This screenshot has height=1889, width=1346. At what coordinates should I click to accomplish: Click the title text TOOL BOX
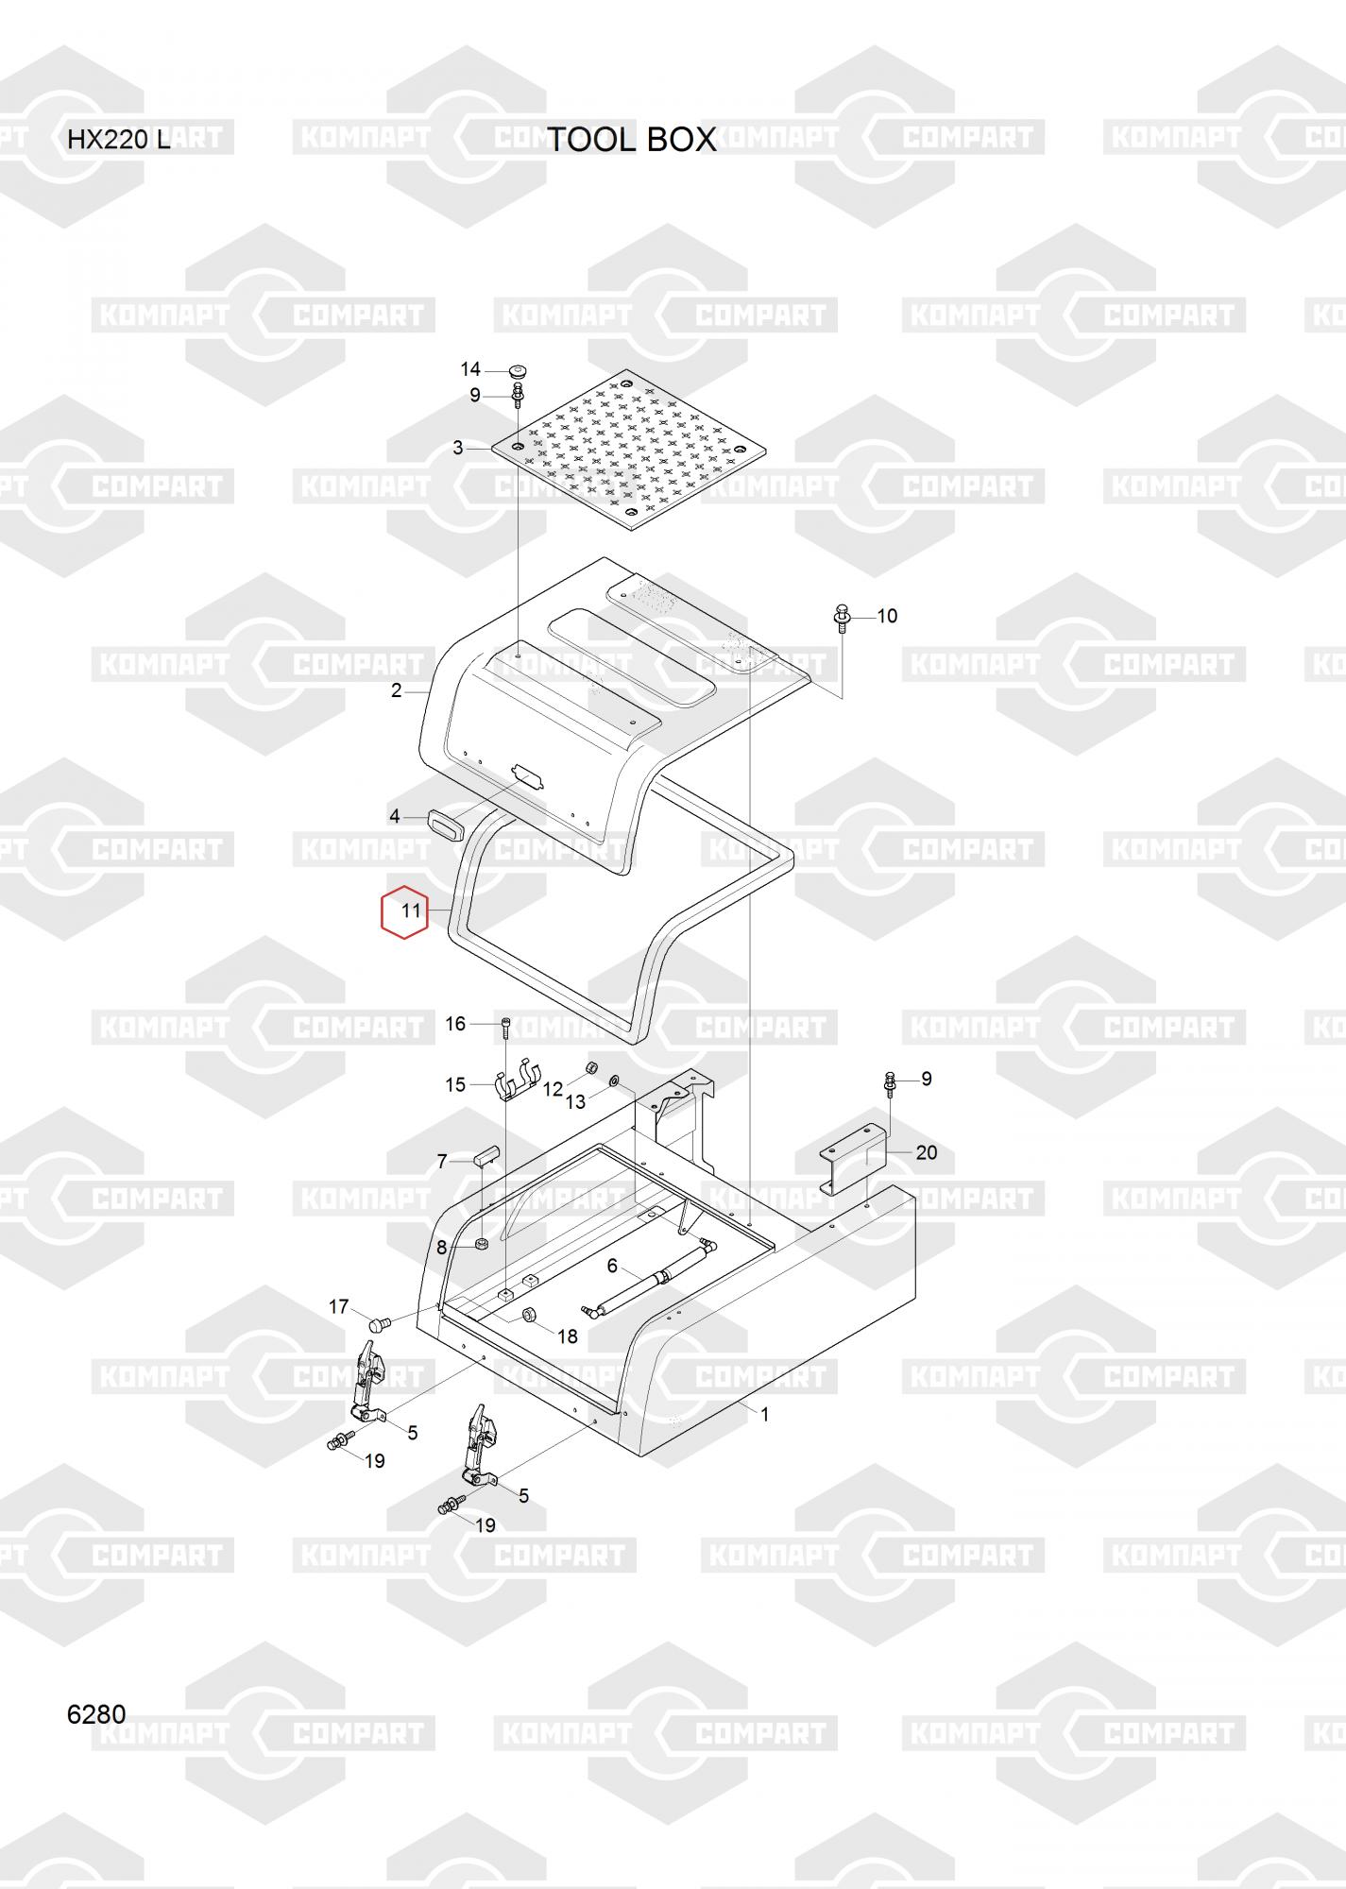pyautogui.click(x=632, y=140)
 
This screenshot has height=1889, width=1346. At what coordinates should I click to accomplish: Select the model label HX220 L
pyautogui.click(x=118, y=141)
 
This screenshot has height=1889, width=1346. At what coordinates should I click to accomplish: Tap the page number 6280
pyautogui.click(x=96, y=1714)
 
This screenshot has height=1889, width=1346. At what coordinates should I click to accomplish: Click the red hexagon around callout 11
pyautogui.click(x=404, y=911)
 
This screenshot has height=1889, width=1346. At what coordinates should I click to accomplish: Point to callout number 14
pyautogui.click(x=470, y=369)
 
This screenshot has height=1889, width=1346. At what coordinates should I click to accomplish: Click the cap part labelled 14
pyautogui.click(x=517, y=368)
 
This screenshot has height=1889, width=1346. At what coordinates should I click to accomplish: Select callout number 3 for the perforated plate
pyautogui.click(x=458, y=448)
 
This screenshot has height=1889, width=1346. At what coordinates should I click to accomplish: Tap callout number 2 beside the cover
pyautogui.click(x=397, y=690)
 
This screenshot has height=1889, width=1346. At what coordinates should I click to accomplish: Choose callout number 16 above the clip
pyautogui.click(x=455, y=1024)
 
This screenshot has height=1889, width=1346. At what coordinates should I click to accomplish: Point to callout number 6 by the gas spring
pyautogui.click(x=612, y=1266)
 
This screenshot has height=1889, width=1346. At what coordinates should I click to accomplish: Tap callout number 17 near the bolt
pyautogui.click(x=339, y=1307)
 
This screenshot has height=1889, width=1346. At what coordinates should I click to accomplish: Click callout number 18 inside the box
pyautogui.click(x=568, y=1336)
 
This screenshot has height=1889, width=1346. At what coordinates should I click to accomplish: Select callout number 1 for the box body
pyautogui.click(x=765, y=1415)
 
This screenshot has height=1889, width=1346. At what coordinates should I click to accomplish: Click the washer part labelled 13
pyautogui.click(x=613, y=1080)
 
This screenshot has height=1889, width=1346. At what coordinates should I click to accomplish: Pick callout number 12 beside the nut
pyautogui.click(x=553, y=1089)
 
